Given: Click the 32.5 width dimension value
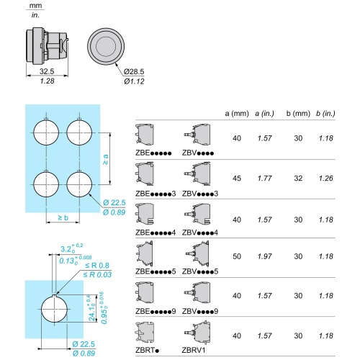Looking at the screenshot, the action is pos(47,71).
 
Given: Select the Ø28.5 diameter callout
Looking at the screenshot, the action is pos(134,71).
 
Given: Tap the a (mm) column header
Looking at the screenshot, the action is pos(237,113).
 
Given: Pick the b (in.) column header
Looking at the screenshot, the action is pos(325,113).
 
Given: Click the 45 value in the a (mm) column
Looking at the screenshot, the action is pos(237,179).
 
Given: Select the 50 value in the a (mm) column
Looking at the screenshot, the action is pos(237,256).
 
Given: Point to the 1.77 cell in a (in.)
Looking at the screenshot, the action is pos(264,179).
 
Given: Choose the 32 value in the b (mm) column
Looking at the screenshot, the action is pos(298,179).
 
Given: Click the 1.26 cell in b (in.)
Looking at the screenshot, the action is pos(326,179).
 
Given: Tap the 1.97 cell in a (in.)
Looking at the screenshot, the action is pos(264,256).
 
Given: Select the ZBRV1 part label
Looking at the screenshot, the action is pos(194,350).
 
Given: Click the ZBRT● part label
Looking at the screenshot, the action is pos(147,350).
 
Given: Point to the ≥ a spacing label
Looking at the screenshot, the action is pos(106,159).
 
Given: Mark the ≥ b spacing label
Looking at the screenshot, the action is pos(63,217).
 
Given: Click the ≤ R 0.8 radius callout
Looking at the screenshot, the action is pos(97,265).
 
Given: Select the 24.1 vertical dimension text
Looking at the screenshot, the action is pos(93,308).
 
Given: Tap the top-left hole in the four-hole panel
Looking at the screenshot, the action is pos(46,132).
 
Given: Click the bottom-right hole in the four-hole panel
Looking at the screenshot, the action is pos(79,184).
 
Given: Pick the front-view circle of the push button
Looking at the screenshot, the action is pos(106,46).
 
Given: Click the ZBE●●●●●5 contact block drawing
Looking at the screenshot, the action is pos(145,254).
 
